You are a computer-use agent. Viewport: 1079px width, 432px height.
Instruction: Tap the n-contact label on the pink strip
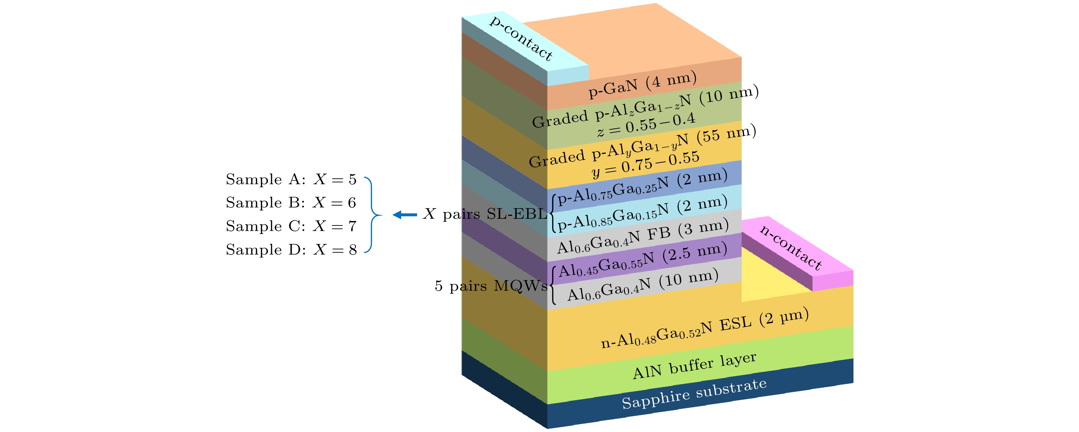point(791,247)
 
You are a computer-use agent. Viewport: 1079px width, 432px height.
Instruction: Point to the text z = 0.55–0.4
point(646,125)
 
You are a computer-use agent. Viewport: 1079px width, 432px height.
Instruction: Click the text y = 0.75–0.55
point(645,164)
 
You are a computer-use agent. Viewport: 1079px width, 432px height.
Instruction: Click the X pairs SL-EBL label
point(485,214)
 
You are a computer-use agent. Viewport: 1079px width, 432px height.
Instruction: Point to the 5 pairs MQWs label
point(491,286)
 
